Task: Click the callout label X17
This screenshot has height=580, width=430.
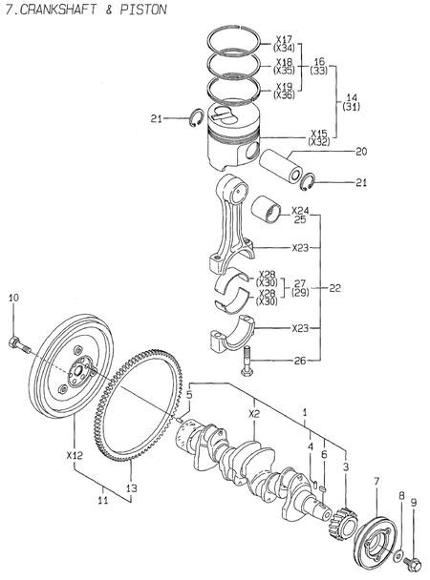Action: [284, 40]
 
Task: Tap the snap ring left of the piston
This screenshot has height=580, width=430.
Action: [191, 117]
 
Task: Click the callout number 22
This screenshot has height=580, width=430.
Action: [333, 286]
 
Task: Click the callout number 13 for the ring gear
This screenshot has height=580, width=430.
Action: [132, 487]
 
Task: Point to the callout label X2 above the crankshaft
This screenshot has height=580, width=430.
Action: [254, 414]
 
